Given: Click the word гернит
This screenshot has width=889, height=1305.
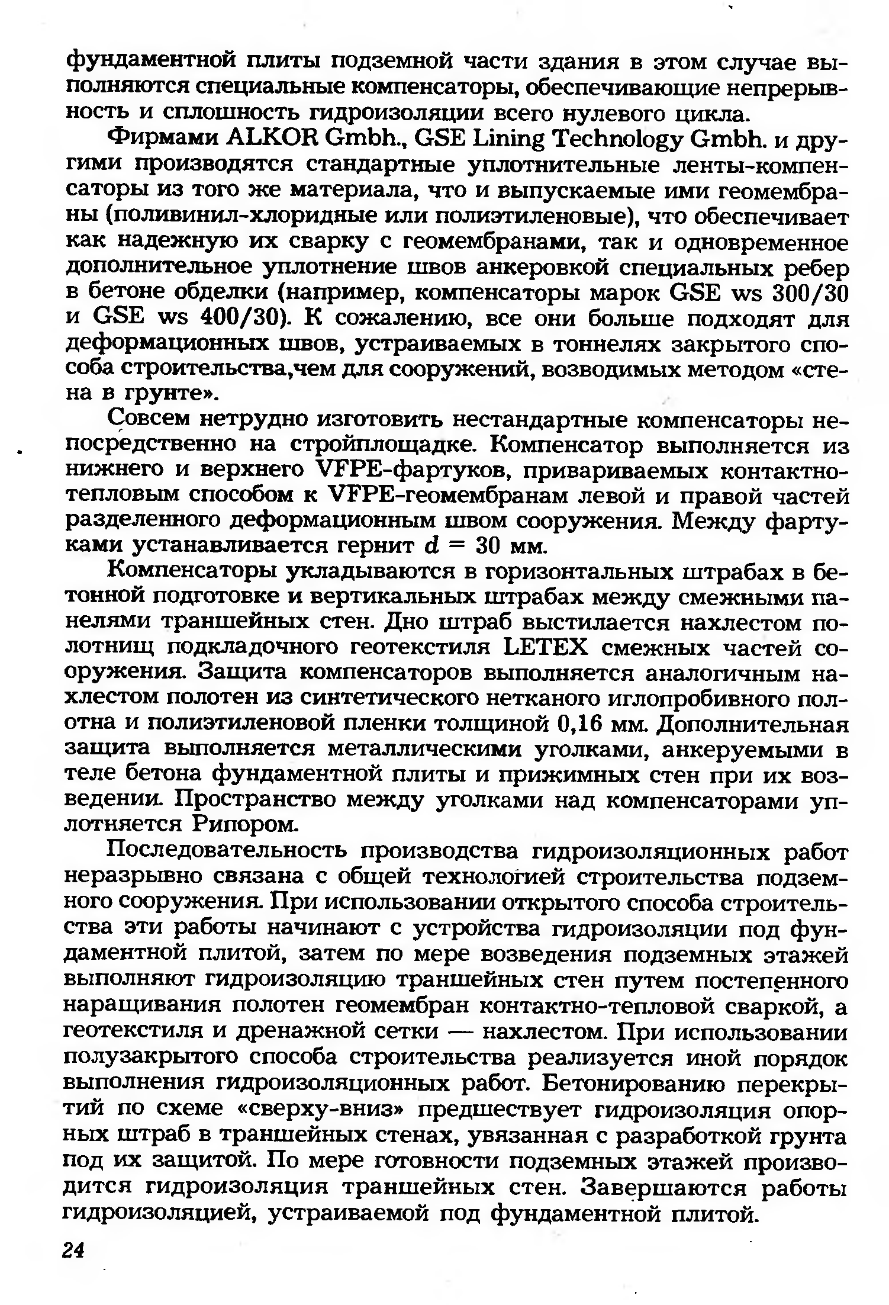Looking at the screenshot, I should (x=375, y=545).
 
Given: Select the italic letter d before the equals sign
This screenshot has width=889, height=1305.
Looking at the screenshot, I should (x=430, y=545).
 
